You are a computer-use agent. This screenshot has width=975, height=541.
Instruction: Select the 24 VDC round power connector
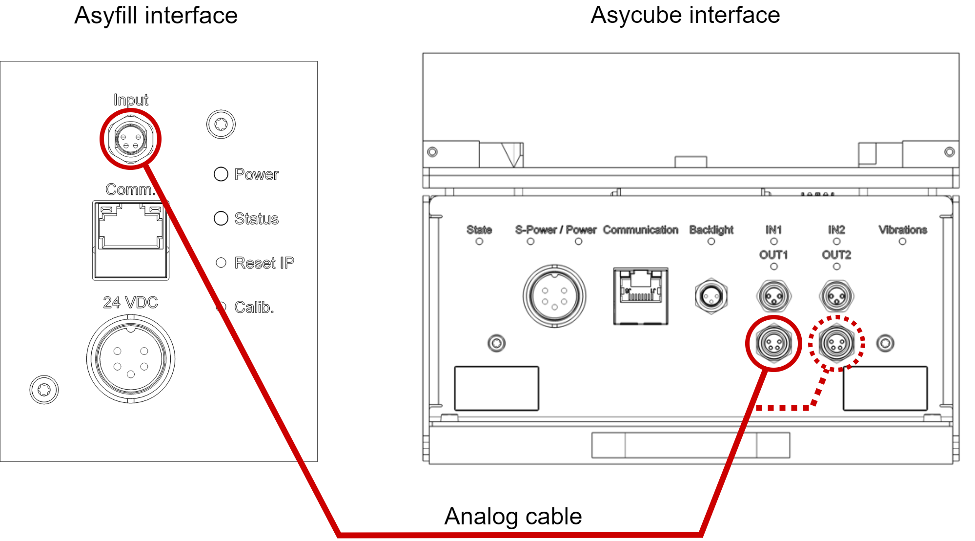131,359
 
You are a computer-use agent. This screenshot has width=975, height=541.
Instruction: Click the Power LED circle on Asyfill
221,174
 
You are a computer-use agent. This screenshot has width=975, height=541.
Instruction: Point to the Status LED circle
221,218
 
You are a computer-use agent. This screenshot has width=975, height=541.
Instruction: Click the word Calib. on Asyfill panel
254,307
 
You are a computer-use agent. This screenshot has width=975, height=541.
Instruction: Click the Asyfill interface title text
156,16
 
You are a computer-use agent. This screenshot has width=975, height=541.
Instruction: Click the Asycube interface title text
685,15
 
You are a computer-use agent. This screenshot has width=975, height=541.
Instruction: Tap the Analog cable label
513,516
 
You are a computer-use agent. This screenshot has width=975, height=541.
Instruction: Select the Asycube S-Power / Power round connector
554,296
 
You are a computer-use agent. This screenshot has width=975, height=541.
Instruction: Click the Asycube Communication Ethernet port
640,296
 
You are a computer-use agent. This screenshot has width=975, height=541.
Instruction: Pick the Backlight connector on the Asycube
711,296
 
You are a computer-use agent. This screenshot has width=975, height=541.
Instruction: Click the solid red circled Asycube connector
773,343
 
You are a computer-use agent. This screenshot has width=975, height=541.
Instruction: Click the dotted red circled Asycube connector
836,343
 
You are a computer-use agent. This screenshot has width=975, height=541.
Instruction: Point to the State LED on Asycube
479,241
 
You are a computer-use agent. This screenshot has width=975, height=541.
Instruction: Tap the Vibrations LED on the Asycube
902,241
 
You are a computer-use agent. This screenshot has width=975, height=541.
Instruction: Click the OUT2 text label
836,255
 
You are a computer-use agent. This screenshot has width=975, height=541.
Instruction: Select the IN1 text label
773,229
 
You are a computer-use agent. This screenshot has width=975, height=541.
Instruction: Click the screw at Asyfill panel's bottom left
44,390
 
